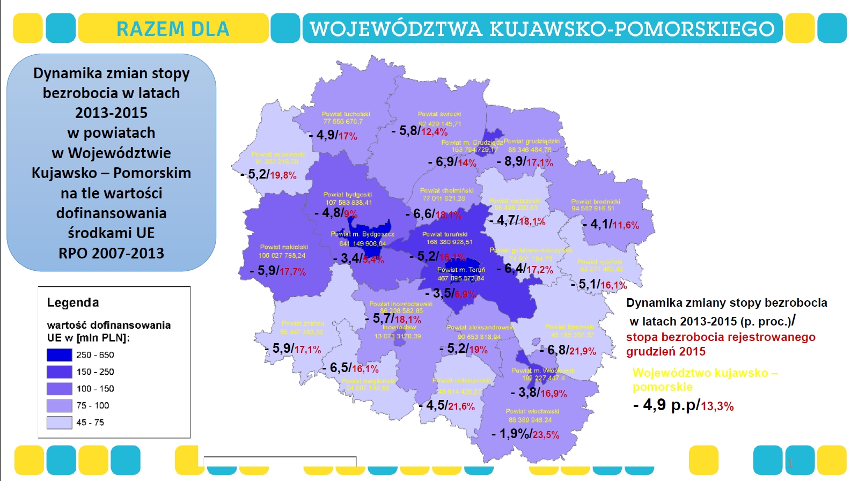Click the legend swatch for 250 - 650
pos(59,355)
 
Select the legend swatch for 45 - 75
pos(59,423)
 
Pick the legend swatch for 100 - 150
pos(59,389)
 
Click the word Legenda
pos(73,302)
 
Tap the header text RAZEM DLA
pos(173,28)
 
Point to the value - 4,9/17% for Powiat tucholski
pos(334,135)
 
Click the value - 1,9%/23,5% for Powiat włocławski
pos(526,434)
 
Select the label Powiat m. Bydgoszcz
pos(362,234)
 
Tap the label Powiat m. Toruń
pos(461,270)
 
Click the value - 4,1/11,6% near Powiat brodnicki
pos(611,224)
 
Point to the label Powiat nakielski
pos(284,247)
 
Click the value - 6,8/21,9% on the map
pos(568,351)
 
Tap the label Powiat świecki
pos(439,114)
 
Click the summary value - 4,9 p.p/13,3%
pos(683,405)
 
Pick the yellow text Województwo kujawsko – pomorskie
pos(705,380)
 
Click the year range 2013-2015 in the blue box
pos(111,113)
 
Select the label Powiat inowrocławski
pos(400,304)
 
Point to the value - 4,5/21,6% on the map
pos(447,405)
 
